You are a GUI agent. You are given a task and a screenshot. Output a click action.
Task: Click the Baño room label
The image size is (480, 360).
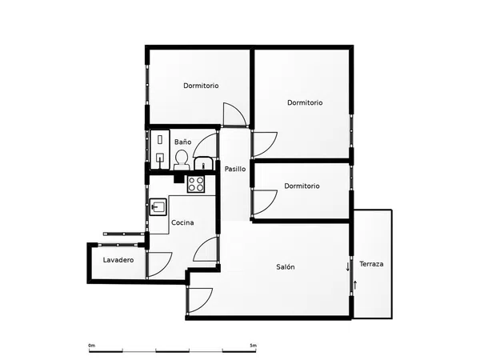coord(182,142)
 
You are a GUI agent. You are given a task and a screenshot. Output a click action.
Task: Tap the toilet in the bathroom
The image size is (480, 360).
coord(182,160)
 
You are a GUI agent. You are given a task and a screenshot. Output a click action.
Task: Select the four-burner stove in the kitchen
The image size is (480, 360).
coord(196,184)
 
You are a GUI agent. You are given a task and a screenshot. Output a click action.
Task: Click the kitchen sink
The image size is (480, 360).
coord(158,207)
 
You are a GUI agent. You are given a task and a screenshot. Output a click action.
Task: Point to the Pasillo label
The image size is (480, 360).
coord(235,169)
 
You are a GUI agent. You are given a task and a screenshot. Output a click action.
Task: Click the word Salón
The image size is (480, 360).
coord(286,267)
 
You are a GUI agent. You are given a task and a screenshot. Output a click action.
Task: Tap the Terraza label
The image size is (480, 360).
coord(371,264)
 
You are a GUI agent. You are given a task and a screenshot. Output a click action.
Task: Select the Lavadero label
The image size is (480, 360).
coord(118,260)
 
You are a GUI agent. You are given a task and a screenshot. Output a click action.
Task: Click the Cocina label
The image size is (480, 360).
coord(182,222)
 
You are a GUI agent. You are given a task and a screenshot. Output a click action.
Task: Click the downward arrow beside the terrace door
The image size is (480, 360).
coord(347,266)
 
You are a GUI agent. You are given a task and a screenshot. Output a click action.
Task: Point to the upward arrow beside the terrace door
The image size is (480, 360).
coord(355,285)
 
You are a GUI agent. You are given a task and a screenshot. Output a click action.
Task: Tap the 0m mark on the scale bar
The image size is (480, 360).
coord(91,346)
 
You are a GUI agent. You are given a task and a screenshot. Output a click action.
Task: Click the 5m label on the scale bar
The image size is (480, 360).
coord(253,346)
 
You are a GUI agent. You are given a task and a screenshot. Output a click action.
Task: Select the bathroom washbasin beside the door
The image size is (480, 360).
coord(203,163)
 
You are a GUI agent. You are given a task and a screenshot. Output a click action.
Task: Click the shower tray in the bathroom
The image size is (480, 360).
coord(160,150)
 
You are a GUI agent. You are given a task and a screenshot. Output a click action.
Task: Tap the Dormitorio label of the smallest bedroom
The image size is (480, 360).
coord(302,186)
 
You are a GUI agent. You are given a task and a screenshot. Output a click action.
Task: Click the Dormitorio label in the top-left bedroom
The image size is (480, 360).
coord(201,86)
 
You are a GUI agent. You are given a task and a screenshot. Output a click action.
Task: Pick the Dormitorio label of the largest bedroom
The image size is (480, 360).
coord(305,102)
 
